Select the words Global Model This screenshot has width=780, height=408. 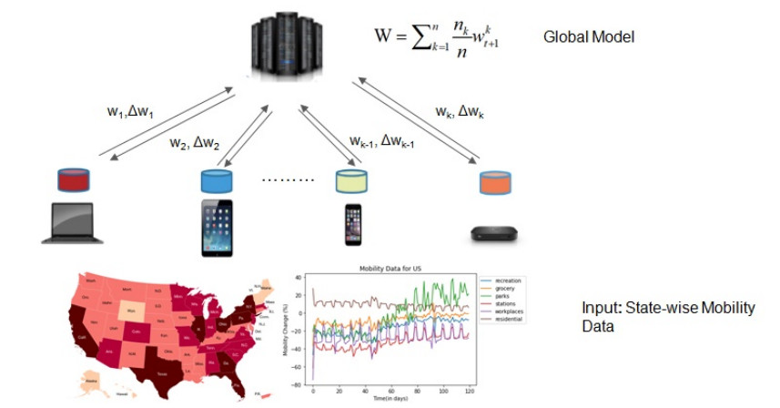(589, 37)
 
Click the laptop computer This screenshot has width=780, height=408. (74, 226)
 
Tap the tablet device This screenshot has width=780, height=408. (218, 228)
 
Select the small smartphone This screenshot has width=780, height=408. (352, 225)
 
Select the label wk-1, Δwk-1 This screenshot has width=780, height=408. (382, 140)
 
